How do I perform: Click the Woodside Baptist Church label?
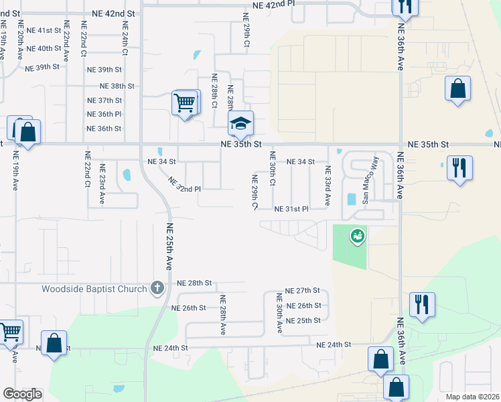[x=94, y=289]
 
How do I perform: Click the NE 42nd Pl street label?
[x=274, y=5]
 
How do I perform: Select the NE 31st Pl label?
[x=291, y=209]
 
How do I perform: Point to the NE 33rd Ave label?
[x=328, y=186]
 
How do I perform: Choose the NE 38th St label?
[x=117, y=86]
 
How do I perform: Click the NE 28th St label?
[x=194, y=284]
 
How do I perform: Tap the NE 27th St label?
[x=303, y=291]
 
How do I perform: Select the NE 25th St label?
[x=303, y=321]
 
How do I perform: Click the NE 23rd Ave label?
[x=102, y=184]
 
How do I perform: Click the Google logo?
[x=22, y=394]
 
